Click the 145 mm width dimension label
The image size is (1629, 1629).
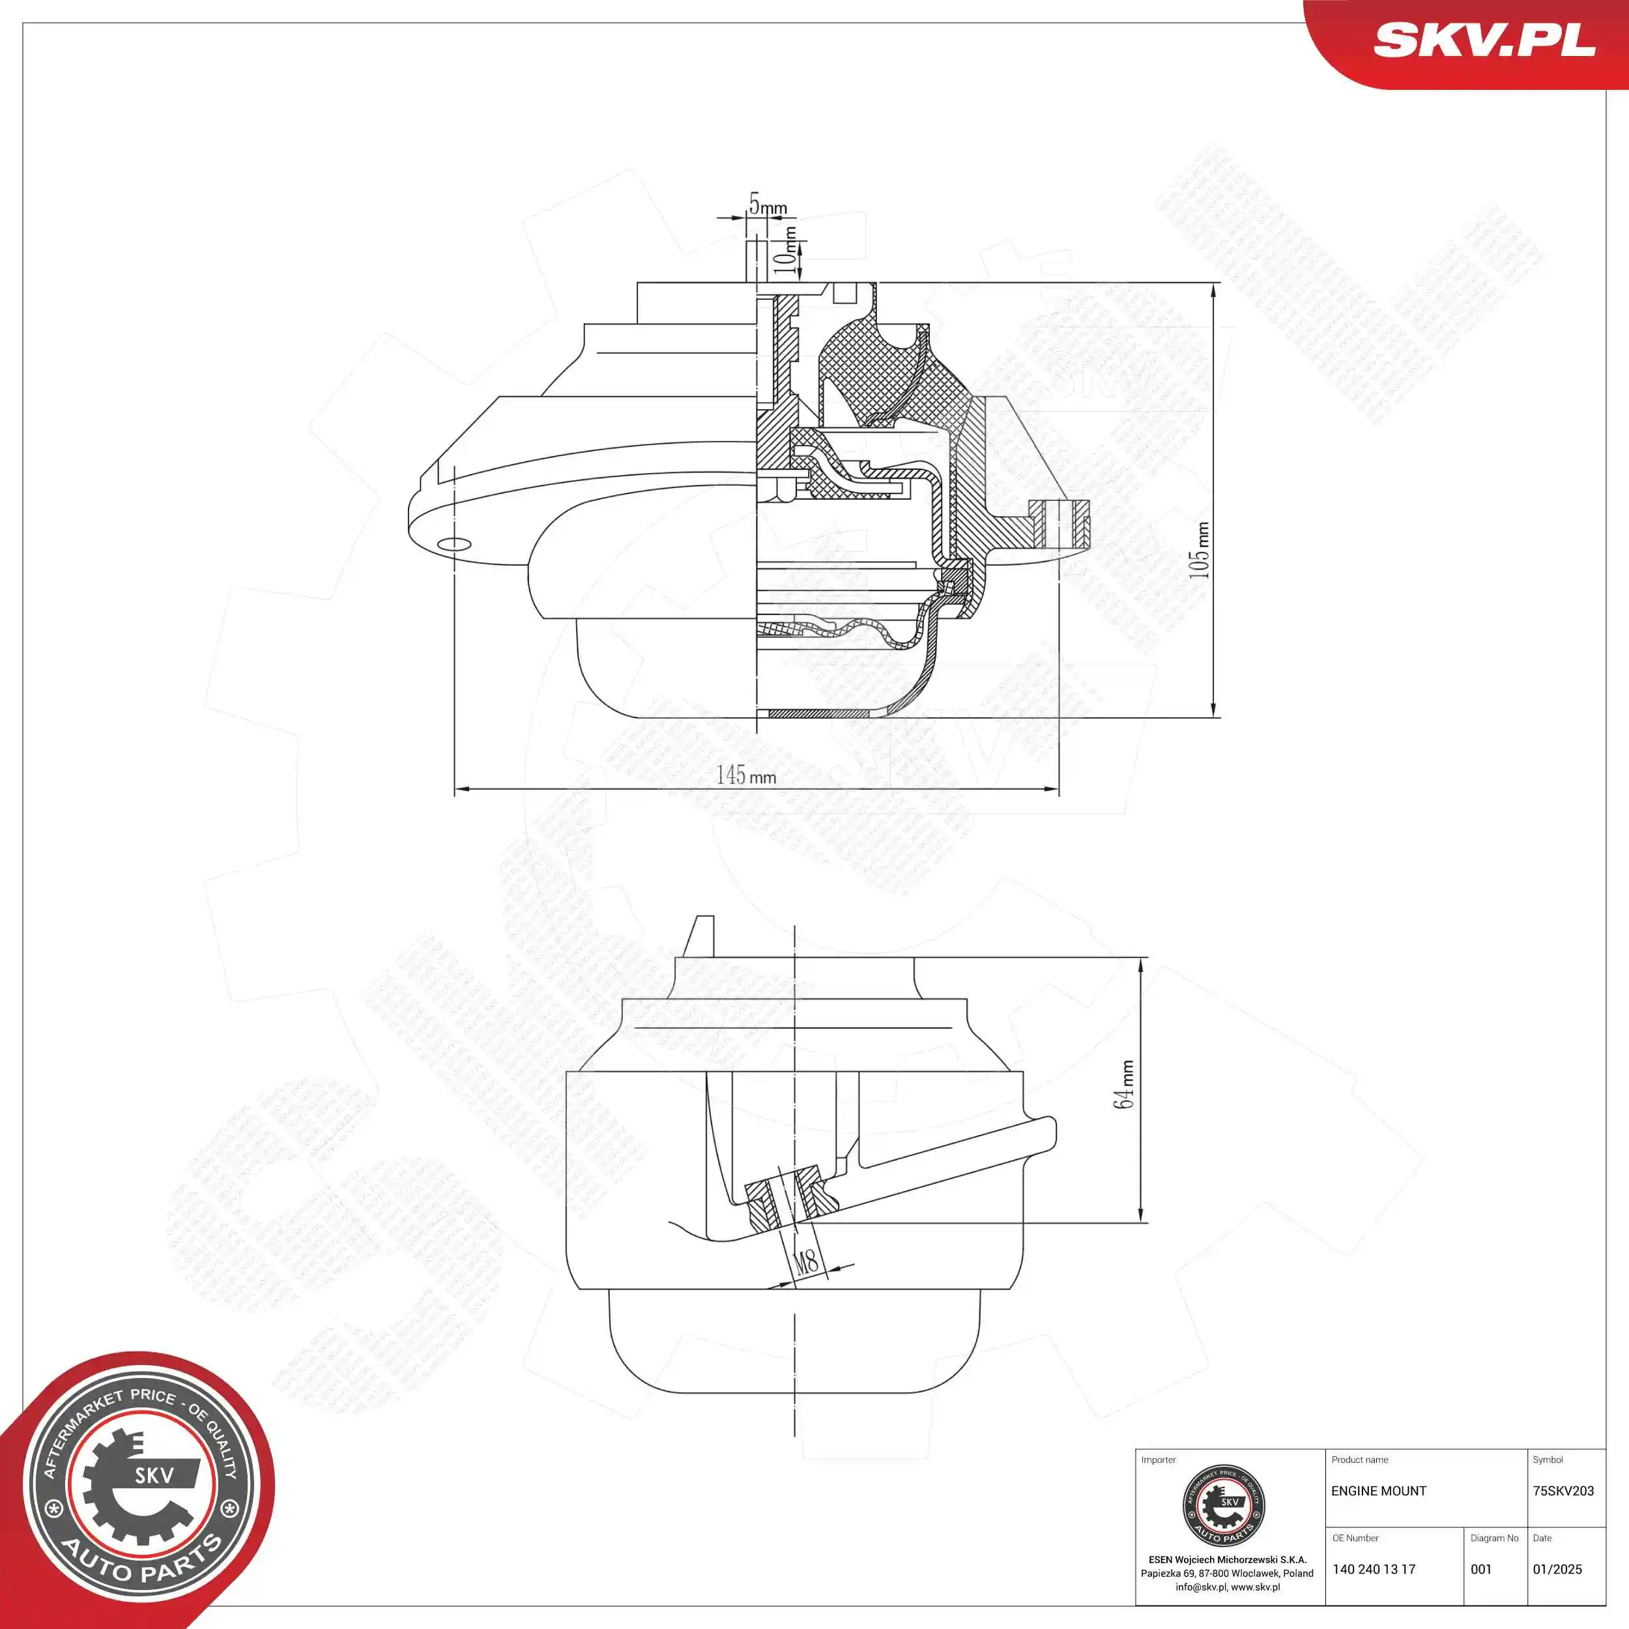746,775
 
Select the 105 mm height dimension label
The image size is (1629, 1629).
1198,550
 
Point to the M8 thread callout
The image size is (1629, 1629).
807,1261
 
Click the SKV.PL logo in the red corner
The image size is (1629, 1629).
1484,40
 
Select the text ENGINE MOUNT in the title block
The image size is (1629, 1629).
1379,1491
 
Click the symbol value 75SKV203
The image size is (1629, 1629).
1563,1491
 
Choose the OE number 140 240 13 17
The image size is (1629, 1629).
1374,1569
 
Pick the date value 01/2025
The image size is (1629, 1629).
1557,1569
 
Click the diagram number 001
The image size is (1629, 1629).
1480,1569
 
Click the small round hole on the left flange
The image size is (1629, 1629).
453,544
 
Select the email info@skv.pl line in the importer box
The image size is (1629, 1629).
1227,1587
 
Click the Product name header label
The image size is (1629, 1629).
1359,1460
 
